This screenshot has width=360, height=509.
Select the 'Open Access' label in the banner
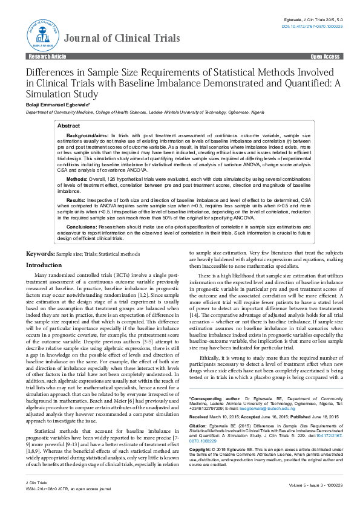(325, 56)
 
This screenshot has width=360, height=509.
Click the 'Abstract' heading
(69, 125)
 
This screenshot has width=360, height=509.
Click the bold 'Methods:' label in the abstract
(77, 180)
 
